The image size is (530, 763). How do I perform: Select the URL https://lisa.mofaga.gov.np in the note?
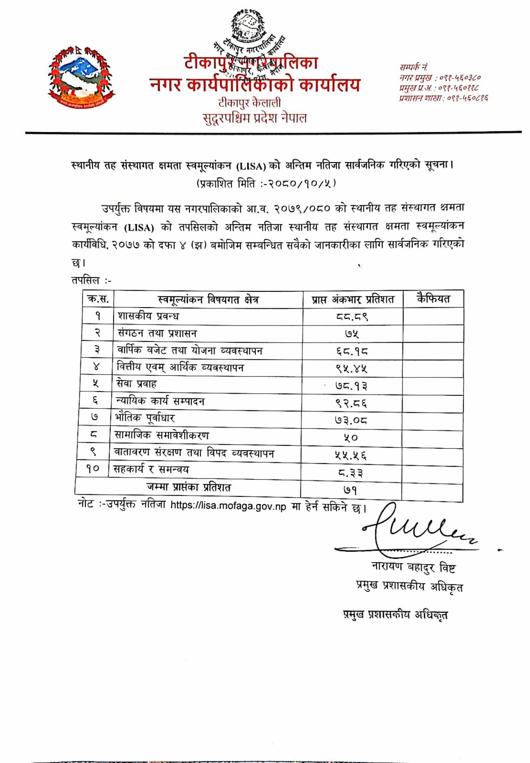tap(228, 506)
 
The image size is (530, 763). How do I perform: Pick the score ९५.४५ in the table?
tap(351, 369)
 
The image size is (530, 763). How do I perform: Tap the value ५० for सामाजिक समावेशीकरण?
tap(350, 438)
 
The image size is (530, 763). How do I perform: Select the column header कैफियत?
tap(433, 299)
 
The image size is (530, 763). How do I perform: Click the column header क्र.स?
tap(98, 299)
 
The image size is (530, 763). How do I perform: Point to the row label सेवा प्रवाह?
tap(137, 384)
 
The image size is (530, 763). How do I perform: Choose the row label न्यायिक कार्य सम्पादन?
tap(160, 401)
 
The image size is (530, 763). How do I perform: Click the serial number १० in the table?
tap(93, 469)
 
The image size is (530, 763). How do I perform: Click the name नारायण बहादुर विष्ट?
tap(413, 567)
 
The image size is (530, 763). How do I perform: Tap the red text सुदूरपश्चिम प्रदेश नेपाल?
tap(254, 118)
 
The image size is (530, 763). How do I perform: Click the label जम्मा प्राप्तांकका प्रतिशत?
tap(189, 487)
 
